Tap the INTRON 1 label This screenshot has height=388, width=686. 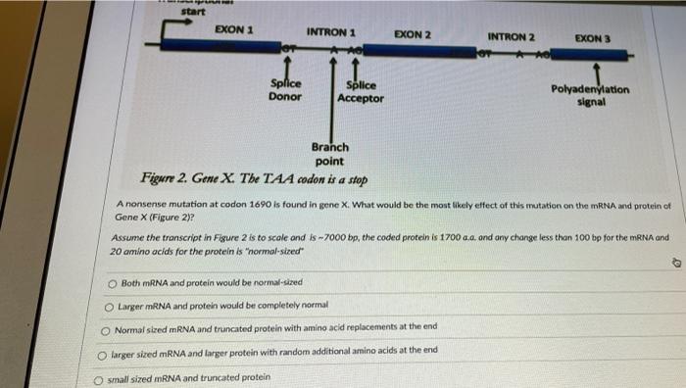pos(330,30)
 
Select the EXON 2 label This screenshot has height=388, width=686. pos(413,34)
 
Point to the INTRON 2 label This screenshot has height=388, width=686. pos(511,37)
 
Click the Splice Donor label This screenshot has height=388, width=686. pos(285,90)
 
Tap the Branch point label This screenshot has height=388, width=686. pos(329,154)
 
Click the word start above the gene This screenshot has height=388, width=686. pos(194,11)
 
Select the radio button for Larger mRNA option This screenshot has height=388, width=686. pos(110,306)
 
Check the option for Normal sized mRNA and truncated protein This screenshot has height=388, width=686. pos(106,328)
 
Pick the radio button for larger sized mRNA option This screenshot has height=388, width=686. pos(103,351)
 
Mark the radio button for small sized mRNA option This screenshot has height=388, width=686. pos(99,377)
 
